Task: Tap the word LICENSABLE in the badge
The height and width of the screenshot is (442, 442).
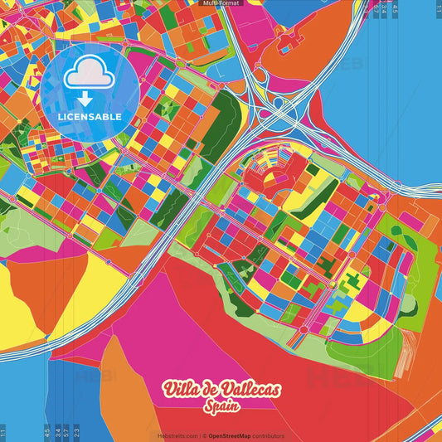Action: click(x=90, y=117)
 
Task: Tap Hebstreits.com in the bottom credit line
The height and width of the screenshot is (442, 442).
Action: click(x=177, y=436)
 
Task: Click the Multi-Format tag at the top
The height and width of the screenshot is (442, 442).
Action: click(x=221, y=3)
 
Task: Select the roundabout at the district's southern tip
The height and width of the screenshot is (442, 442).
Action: click(x=304, y=329)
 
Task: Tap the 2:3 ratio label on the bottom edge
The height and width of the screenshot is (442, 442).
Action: click(x=77, y=433)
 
